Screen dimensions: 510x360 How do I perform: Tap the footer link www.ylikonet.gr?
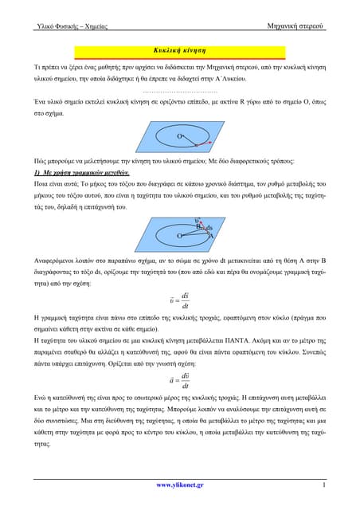click(x=179, y=484)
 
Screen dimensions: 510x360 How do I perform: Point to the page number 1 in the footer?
click(x=324, y=484)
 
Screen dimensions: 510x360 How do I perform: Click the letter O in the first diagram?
click(x=181, y=137)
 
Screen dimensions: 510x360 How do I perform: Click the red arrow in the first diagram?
click(x=203, y=144)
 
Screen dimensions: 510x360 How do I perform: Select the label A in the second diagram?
click(x=211, y=235)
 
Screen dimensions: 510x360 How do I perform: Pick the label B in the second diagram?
click(x=199, y=228)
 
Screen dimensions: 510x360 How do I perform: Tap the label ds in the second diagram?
click(x=209, y=228)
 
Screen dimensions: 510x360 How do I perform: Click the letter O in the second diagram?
click(x=179, y=236)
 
